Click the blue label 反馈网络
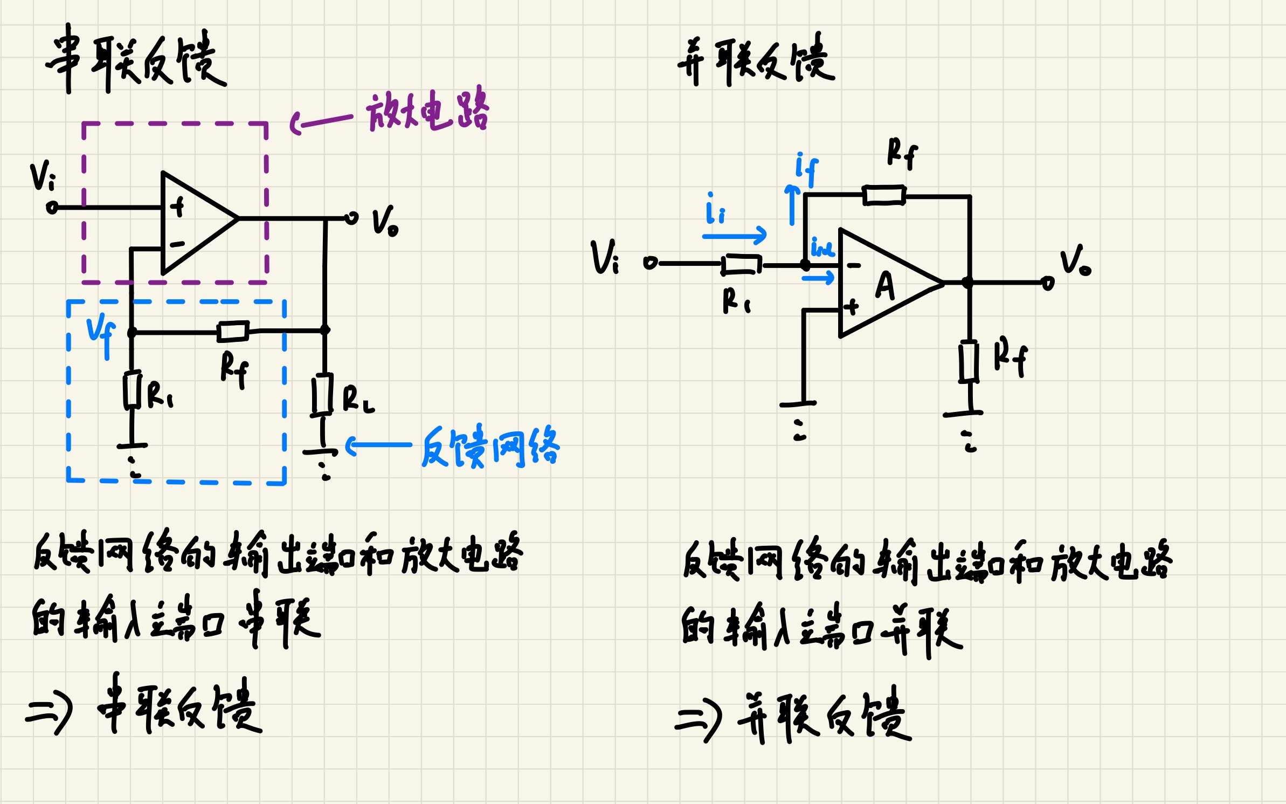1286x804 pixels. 490,446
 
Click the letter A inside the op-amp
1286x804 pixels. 884,285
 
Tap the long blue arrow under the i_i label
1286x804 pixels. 734,236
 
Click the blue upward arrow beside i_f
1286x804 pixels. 792,205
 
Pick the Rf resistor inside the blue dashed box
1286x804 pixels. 233,331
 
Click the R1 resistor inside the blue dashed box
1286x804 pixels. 132,390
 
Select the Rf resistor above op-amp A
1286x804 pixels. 884,195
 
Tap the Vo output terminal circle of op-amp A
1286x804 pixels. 1048,283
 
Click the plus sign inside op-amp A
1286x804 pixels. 851,307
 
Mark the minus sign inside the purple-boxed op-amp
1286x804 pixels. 177,245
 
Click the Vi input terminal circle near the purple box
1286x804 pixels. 52,208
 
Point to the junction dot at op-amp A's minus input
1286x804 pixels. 805,265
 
